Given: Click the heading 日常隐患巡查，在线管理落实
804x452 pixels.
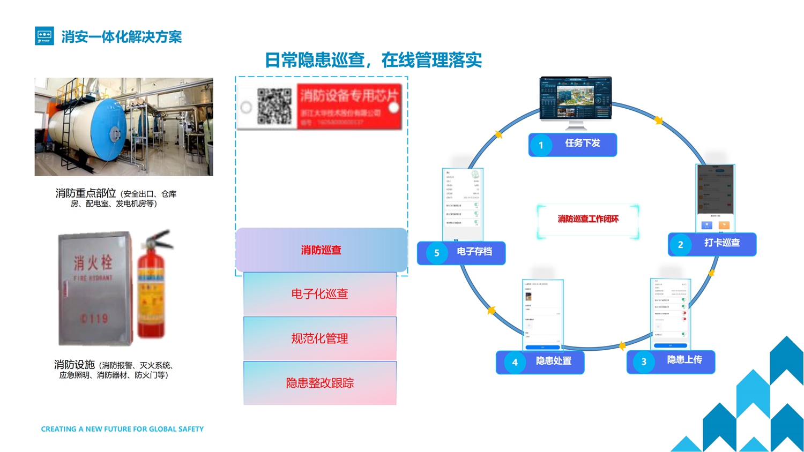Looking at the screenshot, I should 373,60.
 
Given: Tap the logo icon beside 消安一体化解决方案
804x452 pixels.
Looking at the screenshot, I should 44,36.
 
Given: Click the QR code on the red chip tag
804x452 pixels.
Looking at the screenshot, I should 274,106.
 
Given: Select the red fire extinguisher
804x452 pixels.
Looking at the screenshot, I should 152,289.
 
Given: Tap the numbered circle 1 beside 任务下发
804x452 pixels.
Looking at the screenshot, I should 541,145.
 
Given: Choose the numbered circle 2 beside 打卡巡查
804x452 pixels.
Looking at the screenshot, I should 680,245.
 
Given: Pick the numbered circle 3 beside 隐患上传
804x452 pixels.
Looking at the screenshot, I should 644,361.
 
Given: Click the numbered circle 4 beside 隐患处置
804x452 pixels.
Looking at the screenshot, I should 515,362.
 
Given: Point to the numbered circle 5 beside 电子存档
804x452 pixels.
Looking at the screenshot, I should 436,253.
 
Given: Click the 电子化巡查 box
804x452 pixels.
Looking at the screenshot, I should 320,294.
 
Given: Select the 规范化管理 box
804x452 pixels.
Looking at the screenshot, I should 320,338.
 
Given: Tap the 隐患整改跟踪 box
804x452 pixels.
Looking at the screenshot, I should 320,383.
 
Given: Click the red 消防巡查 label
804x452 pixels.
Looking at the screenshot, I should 321,250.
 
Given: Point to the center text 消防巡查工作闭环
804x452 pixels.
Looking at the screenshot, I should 588,219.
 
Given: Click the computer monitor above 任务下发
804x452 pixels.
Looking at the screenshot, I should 575,99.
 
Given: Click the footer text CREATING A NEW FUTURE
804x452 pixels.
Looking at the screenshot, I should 122,429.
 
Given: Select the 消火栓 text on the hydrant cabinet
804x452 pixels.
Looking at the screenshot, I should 93,262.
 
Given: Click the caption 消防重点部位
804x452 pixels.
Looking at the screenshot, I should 86,193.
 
